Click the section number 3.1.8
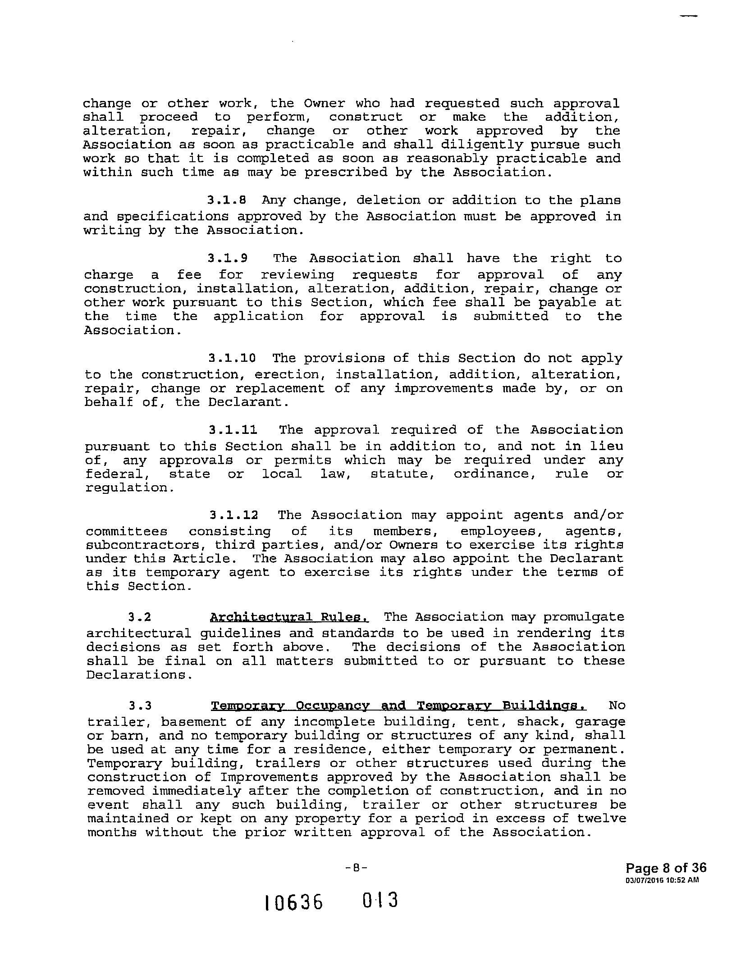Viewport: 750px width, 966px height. pos(226,200)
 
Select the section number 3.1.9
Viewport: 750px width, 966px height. pos(227,259)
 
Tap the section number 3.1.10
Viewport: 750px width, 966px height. pos(232,358)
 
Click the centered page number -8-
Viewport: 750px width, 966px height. pos(356,868)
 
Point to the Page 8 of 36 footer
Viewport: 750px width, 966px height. pos(666,868)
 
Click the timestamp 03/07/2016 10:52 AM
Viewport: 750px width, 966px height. pos(662,880)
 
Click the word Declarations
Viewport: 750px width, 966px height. pos(136,675)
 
